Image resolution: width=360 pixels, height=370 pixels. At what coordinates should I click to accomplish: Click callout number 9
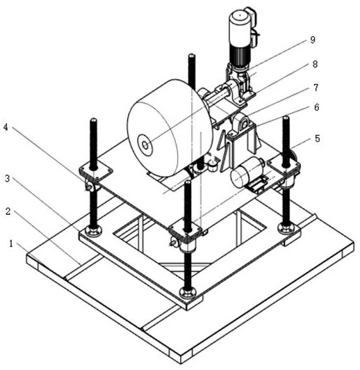click(x=312, y=40)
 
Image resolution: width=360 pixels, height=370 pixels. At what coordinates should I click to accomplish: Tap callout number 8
click(x=315, y=64)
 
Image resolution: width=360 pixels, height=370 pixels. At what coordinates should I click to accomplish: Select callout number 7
click(x=316, y=88)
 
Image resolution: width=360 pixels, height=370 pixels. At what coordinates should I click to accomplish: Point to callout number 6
click(x=317, y=107)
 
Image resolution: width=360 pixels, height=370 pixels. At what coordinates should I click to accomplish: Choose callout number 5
click(x=318, y=138)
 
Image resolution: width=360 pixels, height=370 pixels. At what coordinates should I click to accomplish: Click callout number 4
click(x=6, y=127)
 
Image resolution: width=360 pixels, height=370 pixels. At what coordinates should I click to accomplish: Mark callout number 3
click(x=8, y=179)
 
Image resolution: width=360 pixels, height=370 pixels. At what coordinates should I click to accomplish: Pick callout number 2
click(x=8, y=211)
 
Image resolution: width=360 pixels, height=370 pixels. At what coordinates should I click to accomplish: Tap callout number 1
click(x=11, y=243)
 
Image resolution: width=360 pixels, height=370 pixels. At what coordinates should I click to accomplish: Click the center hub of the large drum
click(x=145, y=145)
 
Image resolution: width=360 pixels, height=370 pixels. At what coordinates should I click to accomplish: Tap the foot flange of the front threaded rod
click(x=188, y=293)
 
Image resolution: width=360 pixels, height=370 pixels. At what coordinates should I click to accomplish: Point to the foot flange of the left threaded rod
click(x=93, y=230)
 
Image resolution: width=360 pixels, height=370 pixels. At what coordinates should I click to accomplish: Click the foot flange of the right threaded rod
click(x=286, y=227)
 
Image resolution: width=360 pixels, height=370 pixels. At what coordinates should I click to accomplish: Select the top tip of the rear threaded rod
click(x=191, y=55)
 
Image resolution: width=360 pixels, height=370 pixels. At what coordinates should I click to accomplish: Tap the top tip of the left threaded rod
click(x=93, y=119)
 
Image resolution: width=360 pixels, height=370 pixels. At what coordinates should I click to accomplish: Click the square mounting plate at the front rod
click(x=186, y=230)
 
